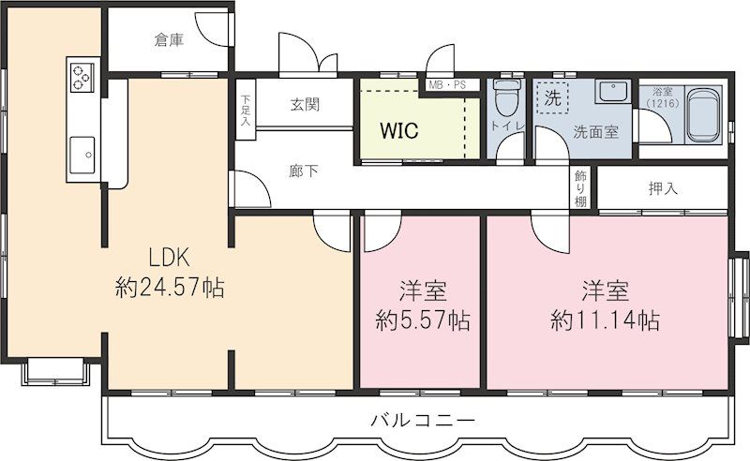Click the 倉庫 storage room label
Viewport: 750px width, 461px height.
170,40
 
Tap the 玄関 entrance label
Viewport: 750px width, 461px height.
305,104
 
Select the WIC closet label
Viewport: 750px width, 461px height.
398,130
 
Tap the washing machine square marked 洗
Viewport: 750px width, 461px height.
553,97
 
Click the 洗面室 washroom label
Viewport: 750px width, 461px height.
595,132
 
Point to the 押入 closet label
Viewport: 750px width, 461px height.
663,188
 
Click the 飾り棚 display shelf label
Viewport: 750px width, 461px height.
582,187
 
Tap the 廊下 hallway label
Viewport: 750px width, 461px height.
303,171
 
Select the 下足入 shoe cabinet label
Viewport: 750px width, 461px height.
245,111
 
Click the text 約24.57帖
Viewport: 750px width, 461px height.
170,288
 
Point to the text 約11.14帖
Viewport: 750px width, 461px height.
605,320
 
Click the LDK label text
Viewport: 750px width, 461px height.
170,256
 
